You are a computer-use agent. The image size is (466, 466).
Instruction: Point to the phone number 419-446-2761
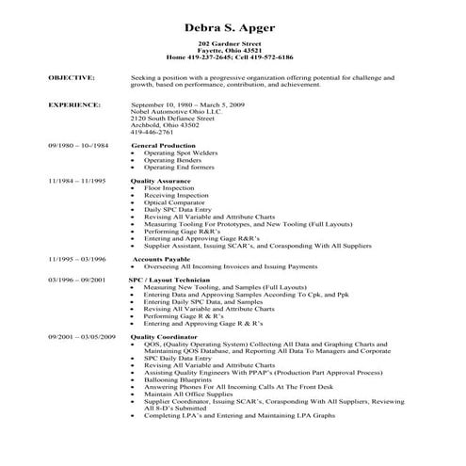click(155, 133)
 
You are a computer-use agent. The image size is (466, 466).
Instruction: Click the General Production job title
click(164, 146)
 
